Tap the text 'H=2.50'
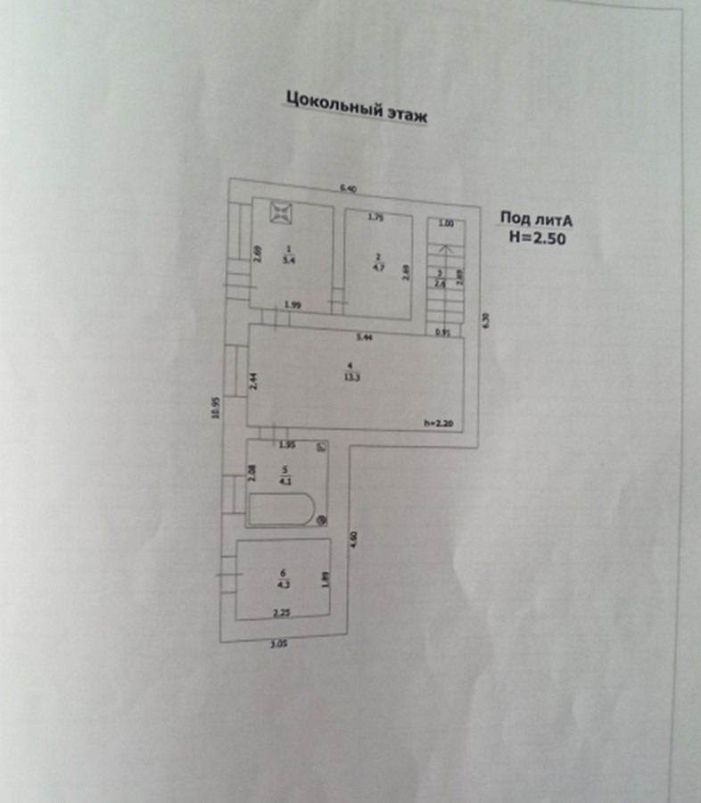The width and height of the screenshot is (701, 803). (x=537, y=237)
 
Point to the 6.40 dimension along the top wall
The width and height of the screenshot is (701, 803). (x=347, y=189)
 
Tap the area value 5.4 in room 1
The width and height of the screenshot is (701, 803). (x=288, y=261)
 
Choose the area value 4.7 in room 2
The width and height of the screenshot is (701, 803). (x=377, y=265)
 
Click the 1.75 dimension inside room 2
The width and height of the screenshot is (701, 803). (x=375, y=217)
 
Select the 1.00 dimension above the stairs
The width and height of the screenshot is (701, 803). (x=447, y=224)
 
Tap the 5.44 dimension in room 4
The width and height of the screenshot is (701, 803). (x=364, y=337)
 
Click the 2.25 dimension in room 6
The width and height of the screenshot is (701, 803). (x=281, y=613)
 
